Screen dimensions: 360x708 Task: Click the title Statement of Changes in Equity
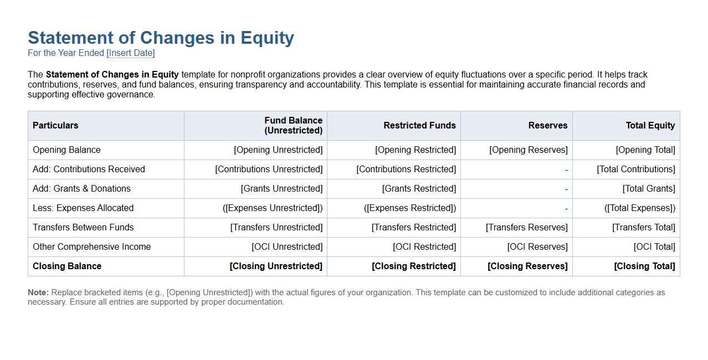[x=161, y=38]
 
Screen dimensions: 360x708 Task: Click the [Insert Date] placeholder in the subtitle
[x=131, y=53]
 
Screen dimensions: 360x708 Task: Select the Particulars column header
[x=55, y=126]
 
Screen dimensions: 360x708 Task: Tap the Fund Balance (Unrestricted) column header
[x=293, y=126]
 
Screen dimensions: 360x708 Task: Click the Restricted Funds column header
[x=419, y=126]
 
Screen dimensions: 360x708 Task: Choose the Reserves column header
[x=547, y=126]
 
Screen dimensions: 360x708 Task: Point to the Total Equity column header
[x=650, y=126]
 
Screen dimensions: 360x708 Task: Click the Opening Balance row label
[x=66, y=150]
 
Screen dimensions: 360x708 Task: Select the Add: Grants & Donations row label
[x=81, y=189]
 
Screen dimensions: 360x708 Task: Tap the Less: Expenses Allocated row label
[x=83, y=208]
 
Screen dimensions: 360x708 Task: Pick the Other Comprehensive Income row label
[x=91, y=247]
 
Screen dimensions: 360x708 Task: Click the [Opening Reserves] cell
[x=528, y=150]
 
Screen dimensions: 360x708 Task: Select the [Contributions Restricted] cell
[x=406, y=169]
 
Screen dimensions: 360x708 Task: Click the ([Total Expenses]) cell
[x=640, y=208]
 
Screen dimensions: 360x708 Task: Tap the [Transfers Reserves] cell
[x=526, y=228]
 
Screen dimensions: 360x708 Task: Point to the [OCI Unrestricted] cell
[x=287, y=247]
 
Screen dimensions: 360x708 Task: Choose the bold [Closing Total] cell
[x=644, y=266]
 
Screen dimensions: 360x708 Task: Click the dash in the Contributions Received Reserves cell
[x=566, y=170]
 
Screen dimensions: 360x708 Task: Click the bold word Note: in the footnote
[x=38, y=292]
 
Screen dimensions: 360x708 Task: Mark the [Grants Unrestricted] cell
[x=281, y=189]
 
